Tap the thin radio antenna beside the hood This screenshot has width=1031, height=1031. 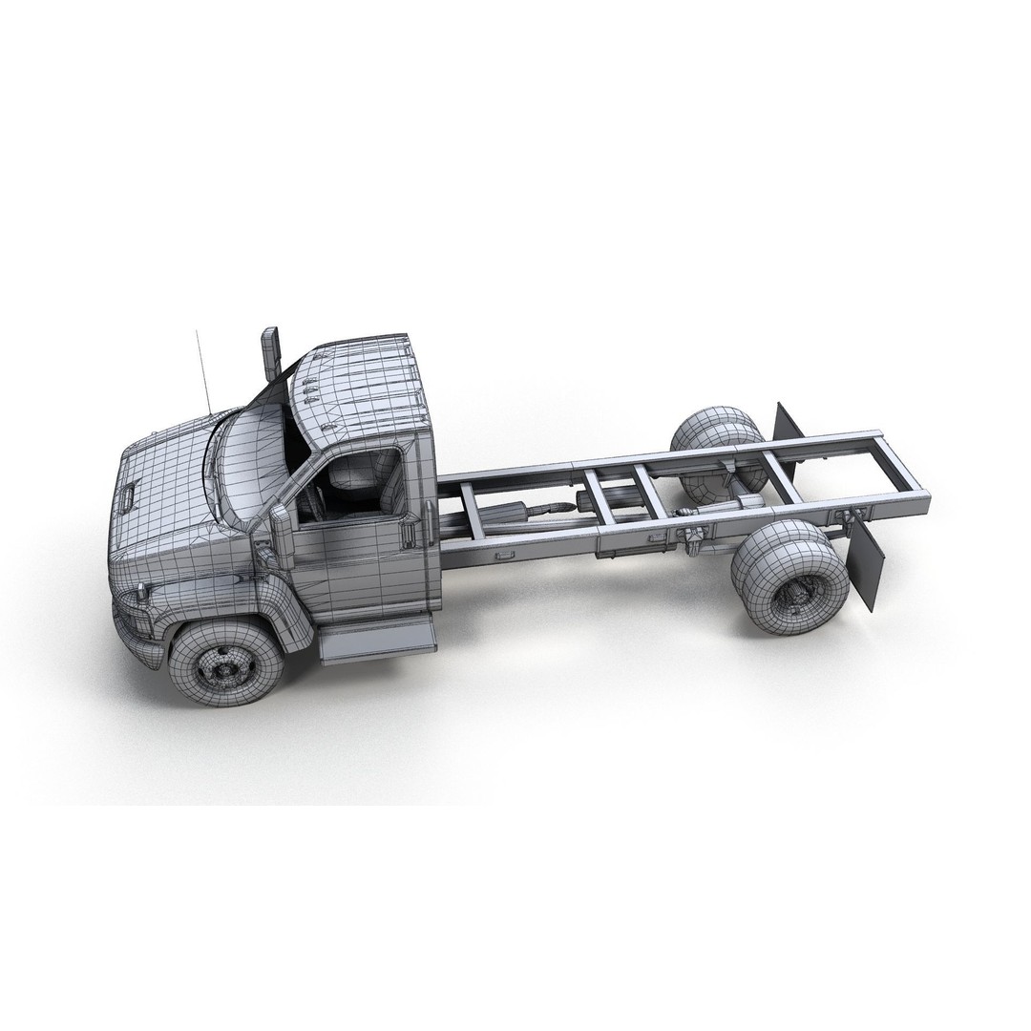coord(202,372)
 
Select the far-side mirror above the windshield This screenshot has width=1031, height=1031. coord(271,351)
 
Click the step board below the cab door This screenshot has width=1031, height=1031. coord(376,639)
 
